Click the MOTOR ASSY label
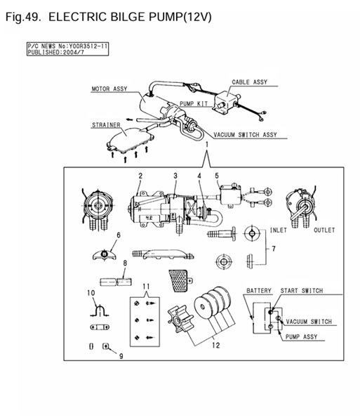[x=109, y=89]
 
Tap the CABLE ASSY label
[x=250, y=82]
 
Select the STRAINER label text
[x=106, y=125]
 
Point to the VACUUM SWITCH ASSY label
[x=245, y=135]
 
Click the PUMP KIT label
[x=194, y=104]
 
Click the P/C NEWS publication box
[x=67, y=49]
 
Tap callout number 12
[x=216, y=345]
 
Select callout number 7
[x=274, y=249]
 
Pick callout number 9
[x=121, y=356]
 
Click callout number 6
[x=119, y=235]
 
